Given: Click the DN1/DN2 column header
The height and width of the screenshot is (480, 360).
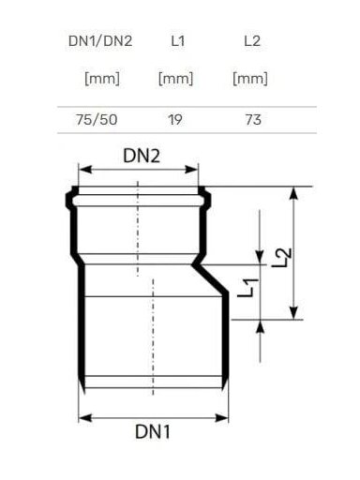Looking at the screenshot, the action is tap(100, 41).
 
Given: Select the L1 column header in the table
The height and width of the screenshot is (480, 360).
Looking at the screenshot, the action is tap(178, 41).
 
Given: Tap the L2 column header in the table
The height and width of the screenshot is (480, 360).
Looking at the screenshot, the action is tap(252, 41).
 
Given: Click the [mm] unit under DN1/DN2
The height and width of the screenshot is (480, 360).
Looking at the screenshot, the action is tap(102, 79).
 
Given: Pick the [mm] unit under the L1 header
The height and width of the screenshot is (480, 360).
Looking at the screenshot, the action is tap(175, 79).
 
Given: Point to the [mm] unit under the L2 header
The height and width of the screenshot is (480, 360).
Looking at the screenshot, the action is tap(250, 79).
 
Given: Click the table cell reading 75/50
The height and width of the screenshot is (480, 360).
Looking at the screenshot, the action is tap(97, 120).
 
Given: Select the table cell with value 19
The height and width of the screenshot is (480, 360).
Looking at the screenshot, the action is tap(175, 120).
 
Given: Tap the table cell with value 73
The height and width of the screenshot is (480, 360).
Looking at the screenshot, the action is tap(253, 120).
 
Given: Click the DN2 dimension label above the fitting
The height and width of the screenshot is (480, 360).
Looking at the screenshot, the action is tap(142, 156).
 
